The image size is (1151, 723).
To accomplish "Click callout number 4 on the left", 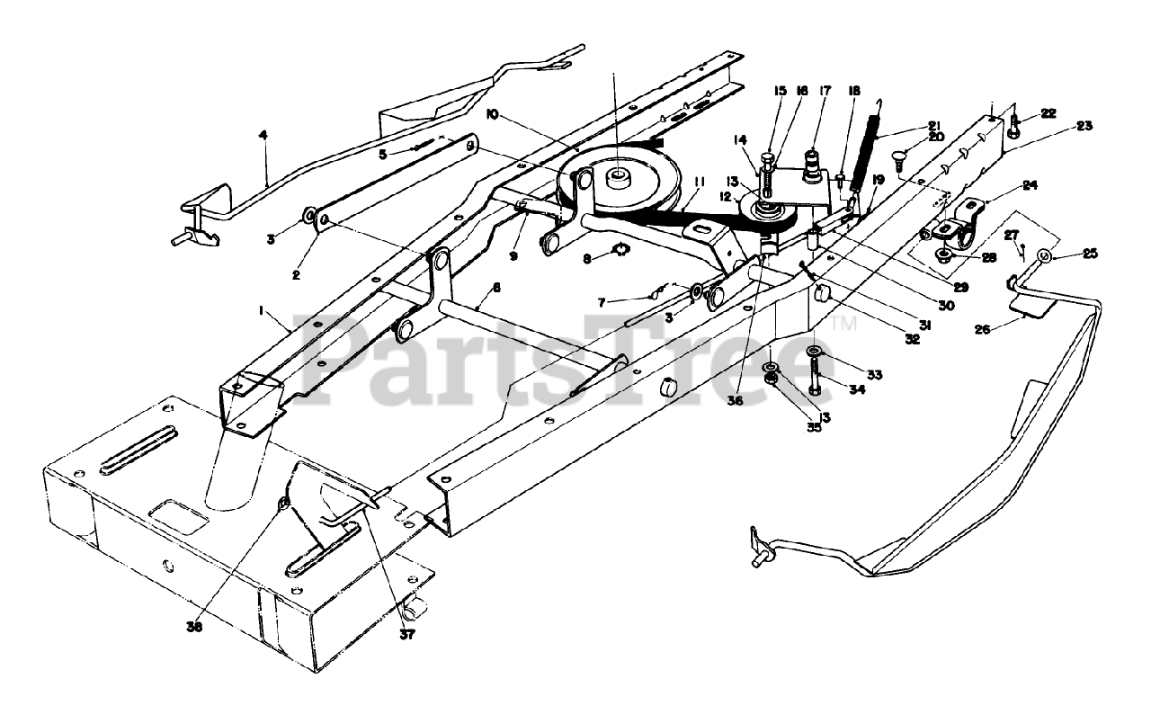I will point(263,136).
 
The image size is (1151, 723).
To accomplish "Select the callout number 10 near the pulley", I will point(491,114).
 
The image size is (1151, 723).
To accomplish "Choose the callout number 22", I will point(1048,112).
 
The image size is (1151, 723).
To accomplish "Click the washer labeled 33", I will point(813,350).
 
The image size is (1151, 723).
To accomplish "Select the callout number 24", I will point(1031,186).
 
